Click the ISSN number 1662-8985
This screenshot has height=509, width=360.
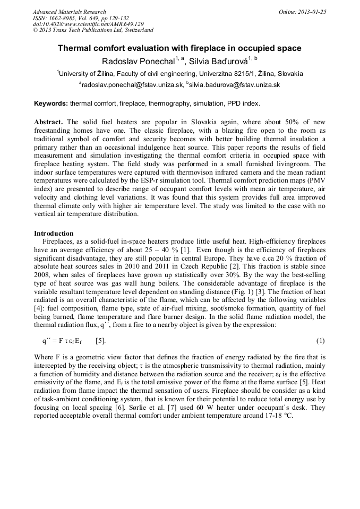point(63,18)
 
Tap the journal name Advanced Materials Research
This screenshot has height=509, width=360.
point(69,12)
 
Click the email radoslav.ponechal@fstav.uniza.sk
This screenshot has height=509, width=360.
point(133,84)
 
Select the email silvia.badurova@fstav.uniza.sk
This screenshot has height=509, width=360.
point(234,84)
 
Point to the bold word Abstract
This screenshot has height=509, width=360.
point(49,122)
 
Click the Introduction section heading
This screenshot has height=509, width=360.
point(54,234)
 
